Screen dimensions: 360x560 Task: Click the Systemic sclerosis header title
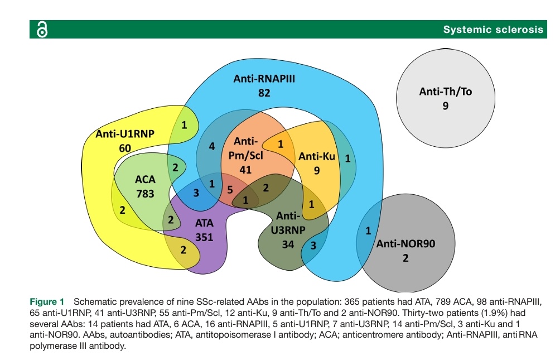(493, 30)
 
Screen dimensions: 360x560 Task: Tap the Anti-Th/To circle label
(445, 92)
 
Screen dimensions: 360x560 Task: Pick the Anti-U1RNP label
(124, 133)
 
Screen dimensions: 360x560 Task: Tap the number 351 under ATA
(204, 236)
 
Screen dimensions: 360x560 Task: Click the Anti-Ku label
(316, 156)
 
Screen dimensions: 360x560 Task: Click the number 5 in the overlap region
(230, 189)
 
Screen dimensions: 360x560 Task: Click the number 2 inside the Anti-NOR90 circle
(405, 258)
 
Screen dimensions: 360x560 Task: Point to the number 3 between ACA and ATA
(196, 194)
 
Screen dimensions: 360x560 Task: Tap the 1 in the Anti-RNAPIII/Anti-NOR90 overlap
(368, 231)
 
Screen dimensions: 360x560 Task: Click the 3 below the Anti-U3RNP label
(313, 244)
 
